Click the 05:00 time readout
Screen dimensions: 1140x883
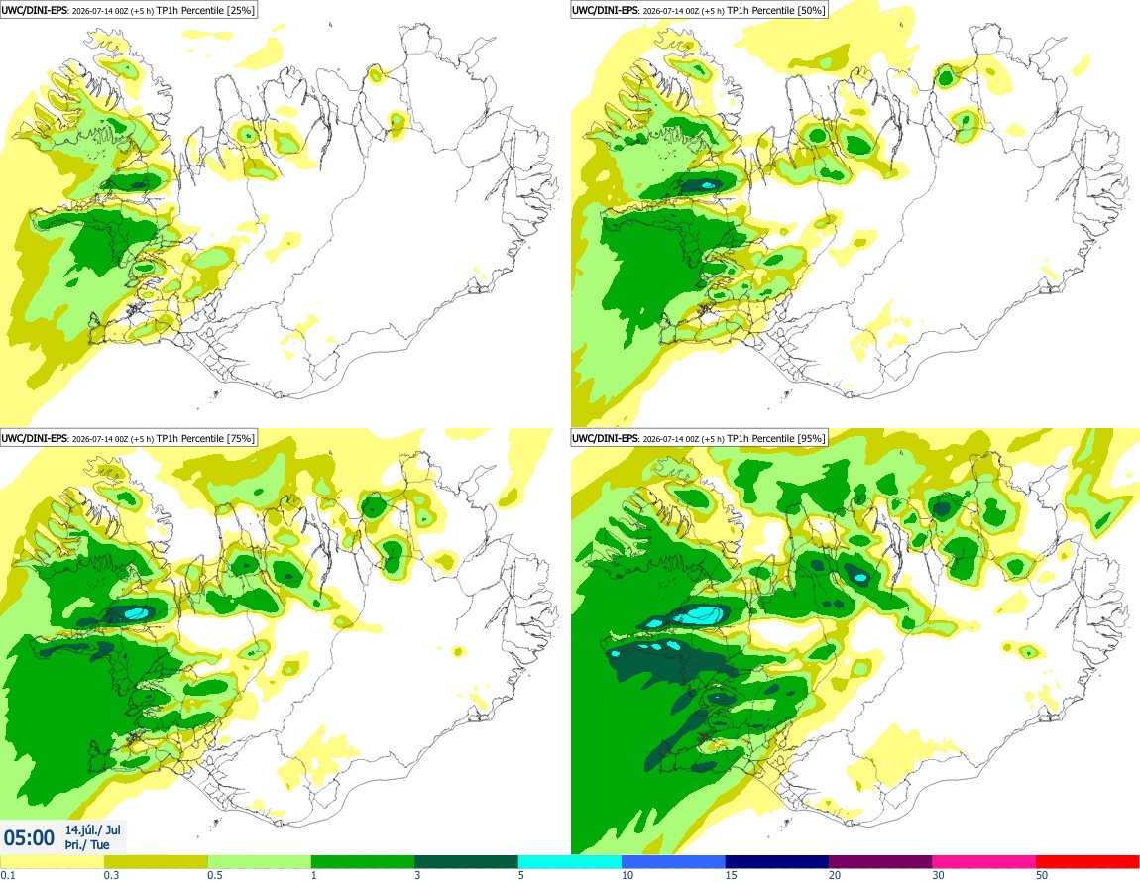point(29,838)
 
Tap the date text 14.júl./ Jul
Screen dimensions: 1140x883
point(93,829)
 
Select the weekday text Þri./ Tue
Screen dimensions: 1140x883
point(87,844)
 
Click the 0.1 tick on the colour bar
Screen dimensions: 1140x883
point(7,875)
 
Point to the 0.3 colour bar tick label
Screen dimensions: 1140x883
point(111,875)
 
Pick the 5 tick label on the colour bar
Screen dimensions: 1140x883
point(521,875)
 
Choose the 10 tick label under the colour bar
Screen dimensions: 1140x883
point(627,875)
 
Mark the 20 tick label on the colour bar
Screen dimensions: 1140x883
point(835,875)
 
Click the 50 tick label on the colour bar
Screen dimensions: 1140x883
point(1042,875)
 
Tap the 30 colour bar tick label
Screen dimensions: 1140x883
point(938,875)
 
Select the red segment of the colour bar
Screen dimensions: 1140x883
point(1087,862)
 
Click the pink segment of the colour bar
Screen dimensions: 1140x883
point(983,862)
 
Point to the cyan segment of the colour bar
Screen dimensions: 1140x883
point(569,862)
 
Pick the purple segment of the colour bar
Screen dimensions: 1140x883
point(880,862)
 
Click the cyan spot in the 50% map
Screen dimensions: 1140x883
point(707,185)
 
